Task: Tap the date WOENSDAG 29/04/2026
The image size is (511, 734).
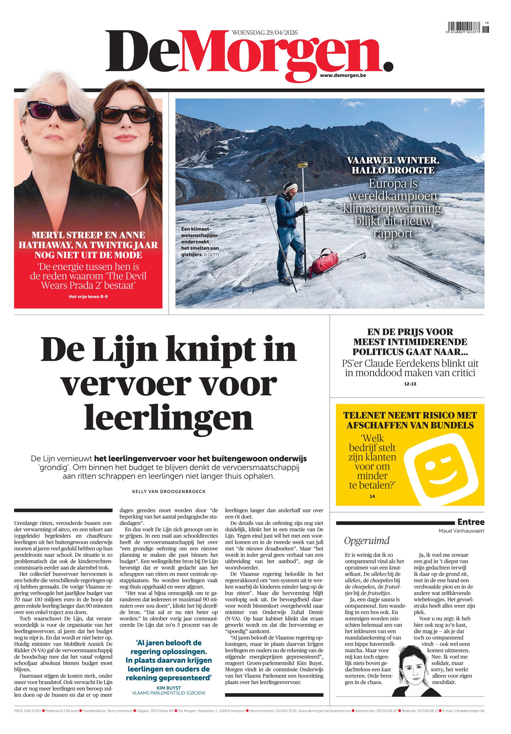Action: [265, 32]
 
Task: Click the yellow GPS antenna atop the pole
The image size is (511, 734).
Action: [302, 165]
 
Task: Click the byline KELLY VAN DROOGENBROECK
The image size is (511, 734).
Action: [169, 491]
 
